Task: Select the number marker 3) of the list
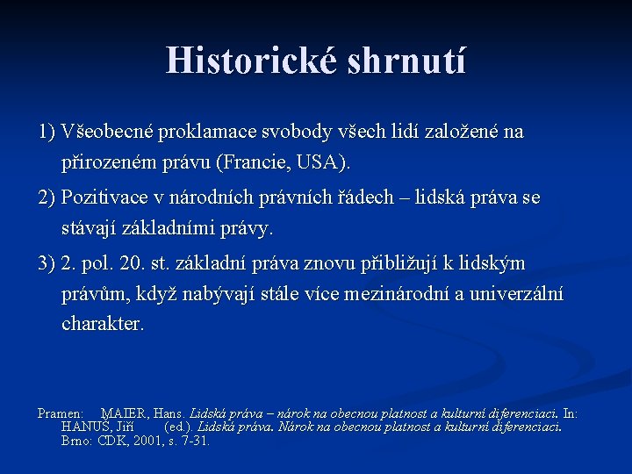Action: coord(47,264)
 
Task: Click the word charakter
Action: coord(103,324)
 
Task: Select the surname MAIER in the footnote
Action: coord(125,413)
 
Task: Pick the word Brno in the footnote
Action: coord(76,441)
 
